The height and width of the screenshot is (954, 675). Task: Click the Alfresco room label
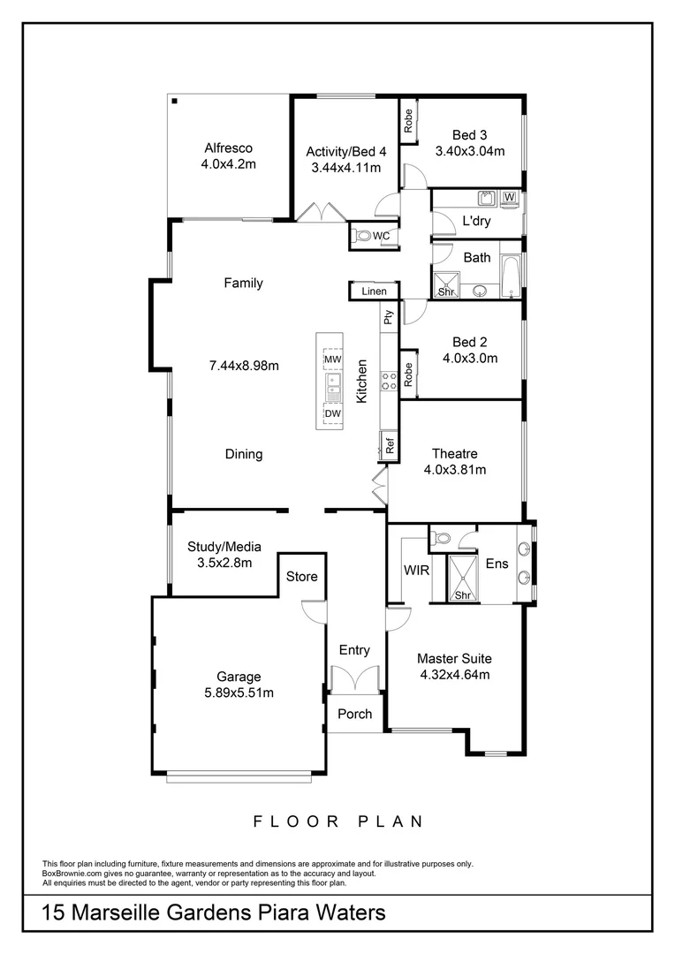click(229, 148)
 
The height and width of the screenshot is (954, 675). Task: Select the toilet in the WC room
click(362, 236)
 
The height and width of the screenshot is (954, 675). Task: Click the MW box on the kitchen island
click(332, 360)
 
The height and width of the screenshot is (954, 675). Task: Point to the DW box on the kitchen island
click(332, 413)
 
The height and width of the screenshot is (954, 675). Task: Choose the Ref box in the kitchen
click(389, 445)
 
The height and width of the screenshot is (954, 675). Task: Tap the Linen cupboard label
click(374, 291)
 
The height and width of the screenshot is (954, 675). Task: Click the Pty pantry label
click(388, 317)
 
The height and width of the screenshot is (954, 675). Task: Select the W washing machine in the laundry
click(510, 198)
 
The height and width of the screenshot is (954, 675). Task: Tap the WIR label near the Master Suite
click(416, 570)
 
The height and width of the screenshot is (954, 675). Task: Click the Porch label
click(355, 714)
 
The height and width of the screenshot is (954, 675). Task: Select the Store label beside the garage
click(301, 577)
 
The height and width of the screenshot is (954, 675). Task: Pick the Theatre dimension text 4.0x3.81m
click(455, 470)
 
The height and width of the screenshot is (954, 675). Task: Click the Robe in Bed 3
click(408, 120)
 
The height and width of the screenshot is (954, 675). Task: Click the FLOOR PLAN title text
click(337, 821)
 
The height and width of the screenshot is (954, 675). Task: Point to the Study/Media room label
click(224, 547)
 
